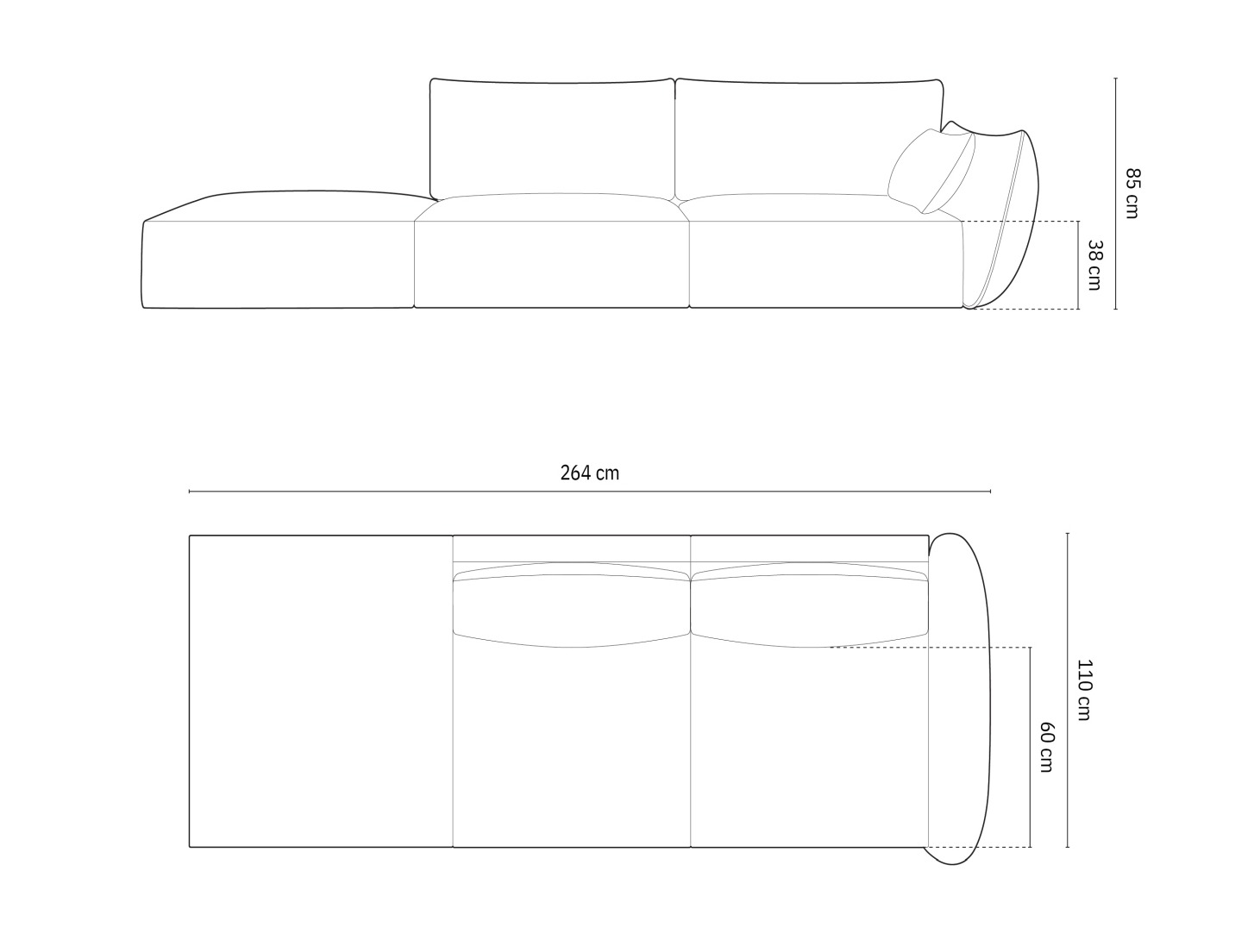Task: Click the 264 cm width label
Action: click(x=589, y=473)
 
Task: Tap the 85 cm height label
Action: click(x=1132, y=193)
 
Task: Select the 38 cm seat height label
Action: click(x=1094, y=265)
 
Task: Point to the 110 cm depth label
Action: click(x=1083, y=690)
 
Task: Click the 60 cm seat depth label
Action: click(x=1045, y=747)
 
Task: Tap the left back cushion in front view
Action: click(x=552, y=136)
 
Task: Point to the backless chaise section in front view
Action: click(x=278, y=259)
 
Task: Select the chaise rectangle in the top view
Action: click(x=321, y=691)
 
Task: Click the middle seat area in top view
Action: click(x=571, y=746)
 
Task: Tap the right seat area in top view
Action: click(x=809, y=746)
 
